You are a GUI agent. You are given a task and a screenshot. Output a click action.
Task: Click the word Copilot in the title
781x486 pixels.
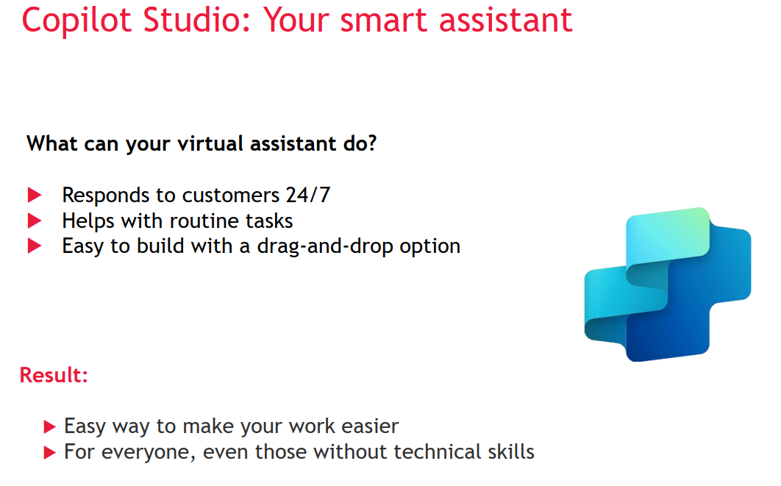point(76,21)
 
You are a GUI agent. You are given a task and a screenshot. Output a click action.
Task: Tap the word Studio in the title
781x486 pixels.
point(197,20)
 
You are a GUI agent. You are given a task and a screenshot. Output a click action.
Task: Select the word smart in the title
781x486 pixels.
point(384,20)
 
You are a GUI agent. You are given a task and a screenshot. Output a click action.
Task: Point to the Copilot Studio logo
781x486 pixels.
point(668,285)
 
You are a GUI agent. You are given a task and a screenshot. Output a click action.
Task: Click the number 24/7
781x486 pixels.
point(308,195)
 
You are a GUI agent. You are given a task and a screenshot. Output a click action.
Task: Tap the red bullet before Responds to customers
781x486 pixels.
point(35,195)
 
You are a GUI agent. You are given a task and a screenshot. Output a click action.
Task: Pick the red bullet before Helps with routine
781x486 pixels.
point(35,221)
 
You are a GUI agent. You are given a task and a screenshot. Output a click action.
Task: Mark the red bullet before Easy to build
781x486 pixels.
point(35,246)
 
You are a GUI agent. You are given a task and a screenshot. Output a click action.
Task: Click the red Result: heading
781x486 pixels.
point(54,375)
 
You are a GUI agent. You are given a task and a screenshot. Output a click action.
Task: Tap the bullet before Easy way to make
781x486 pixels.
point(49,426)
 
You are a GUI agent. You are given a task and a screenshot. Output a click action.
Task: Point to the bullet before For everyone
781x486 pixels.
point(49,453)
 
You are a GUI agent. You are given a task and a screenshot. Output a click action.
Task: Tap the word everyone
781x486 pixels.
point(148,453)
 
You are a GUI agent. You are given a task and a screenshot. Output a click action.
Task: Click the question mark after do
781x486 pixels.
point(372,143)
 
